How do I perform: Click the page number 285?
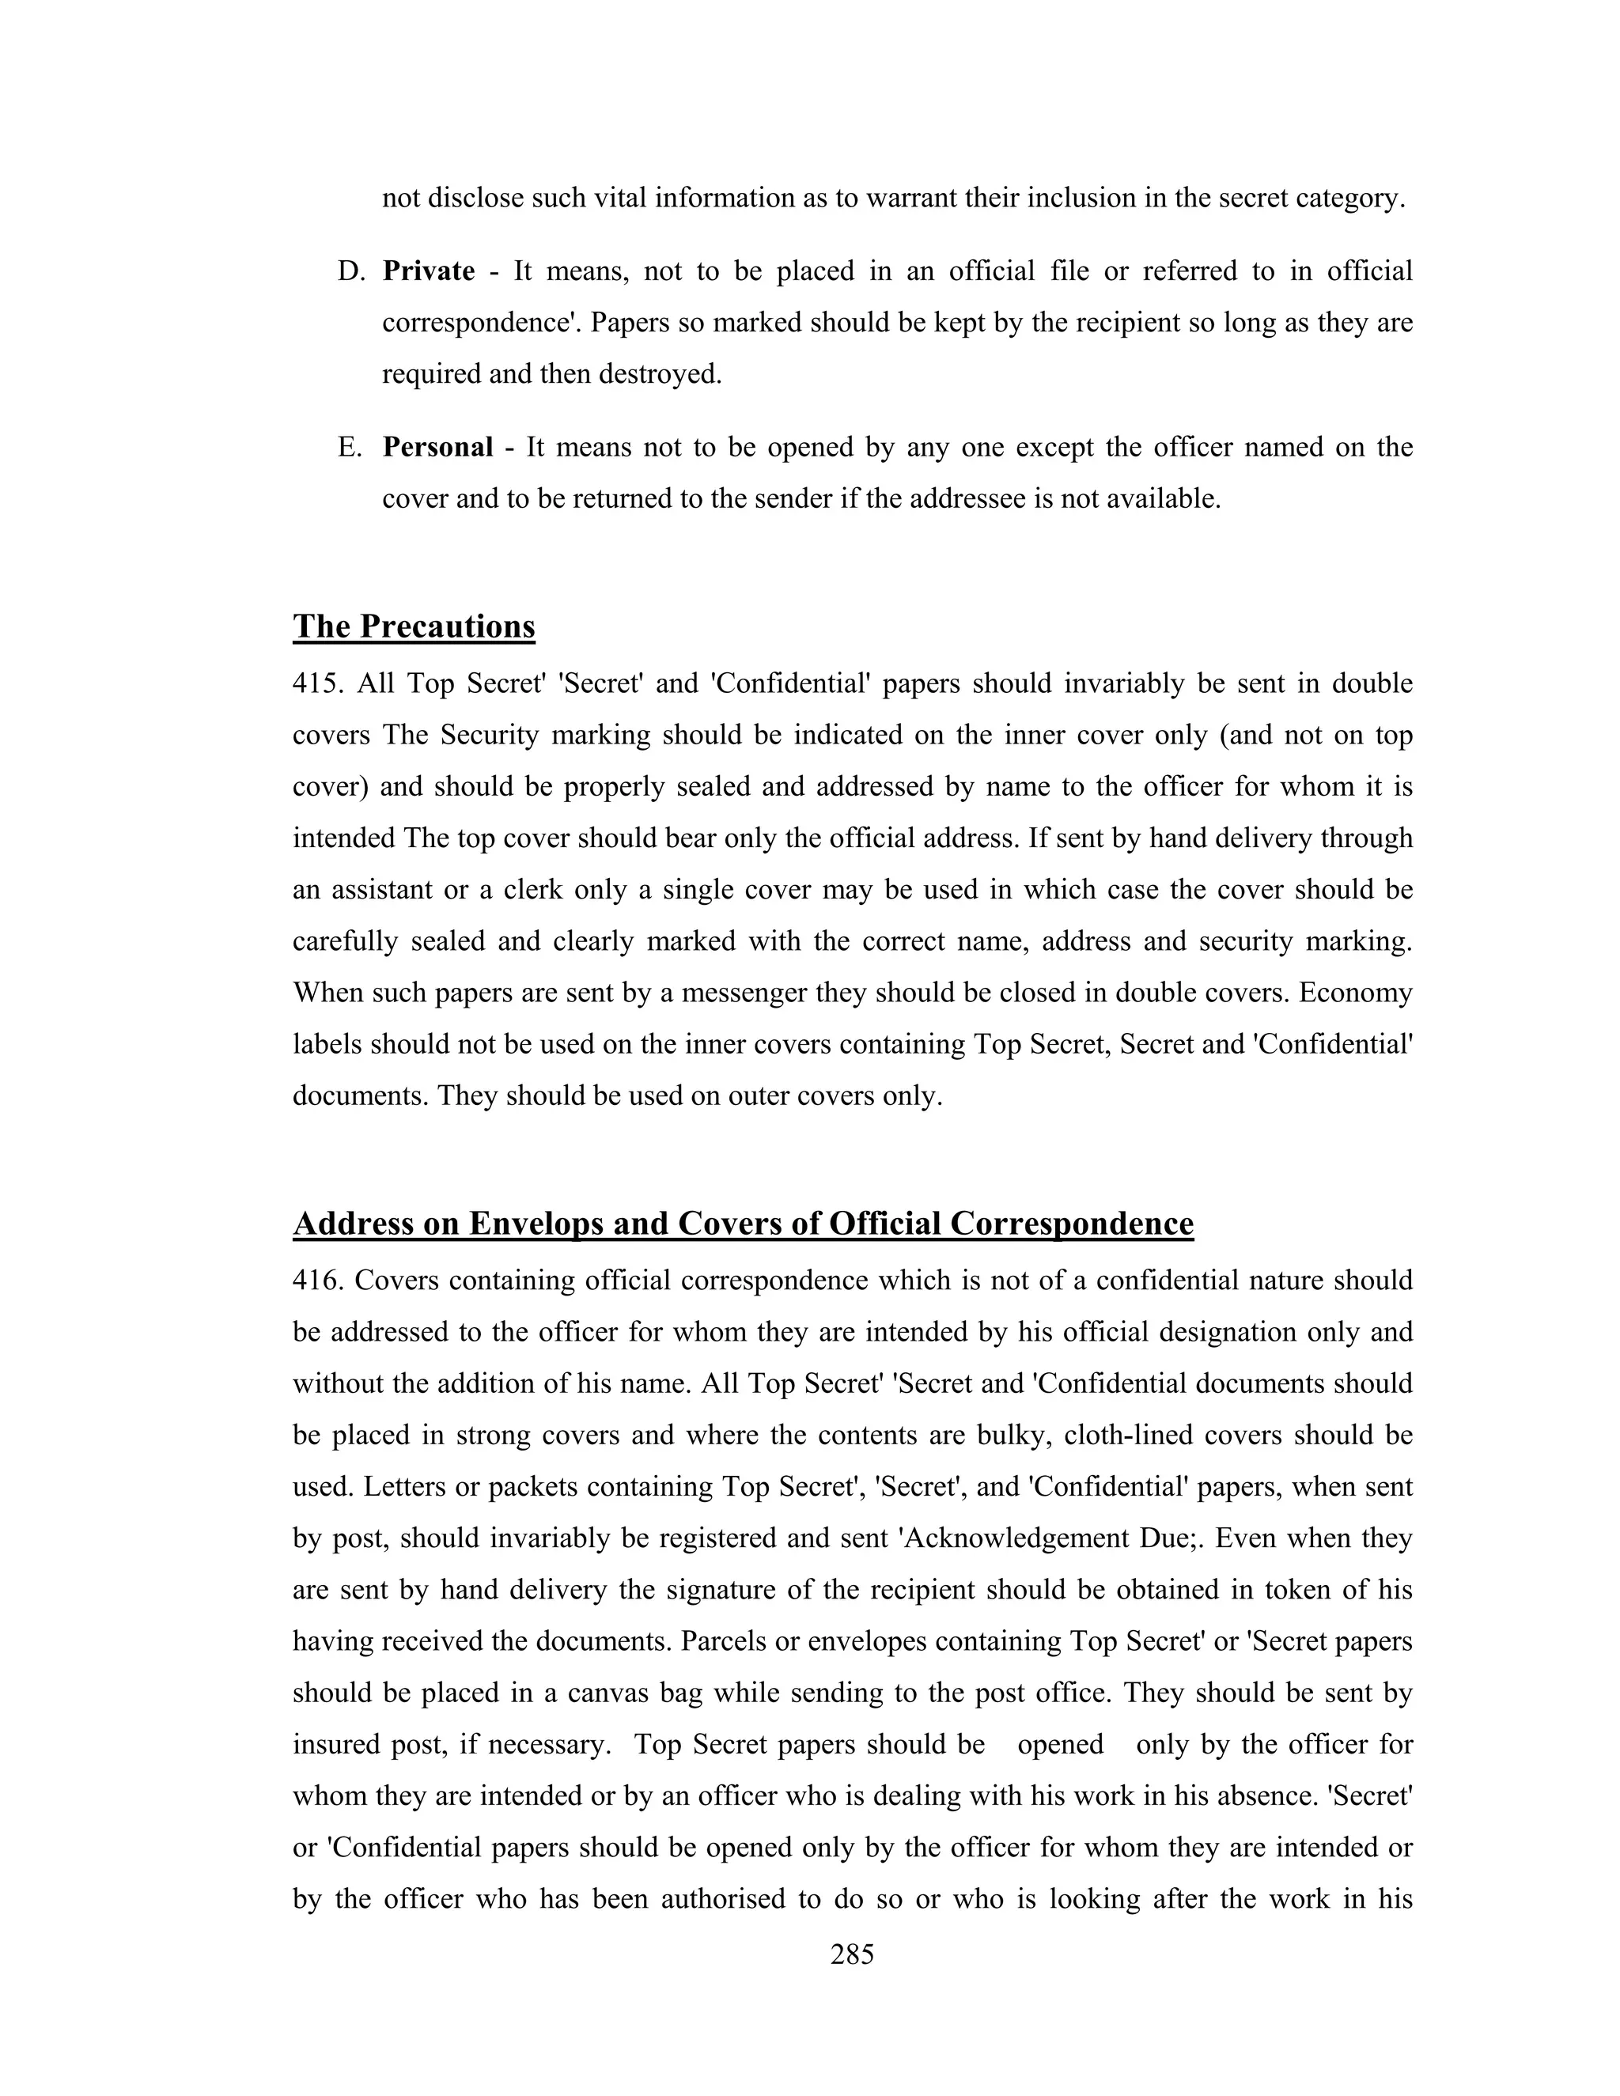851,1954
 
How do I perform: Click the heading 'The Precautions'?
414,626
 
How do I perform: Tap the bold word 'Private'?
428,271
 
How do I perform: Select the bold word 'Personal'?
437,447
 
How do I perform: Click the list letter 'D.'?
351,271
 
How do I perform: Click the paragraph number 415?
316,684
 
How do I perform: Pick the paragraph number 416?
316,1281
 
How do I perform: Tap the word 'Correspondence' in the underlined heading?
1072,1224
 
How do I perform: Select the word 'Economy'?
1355,993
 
